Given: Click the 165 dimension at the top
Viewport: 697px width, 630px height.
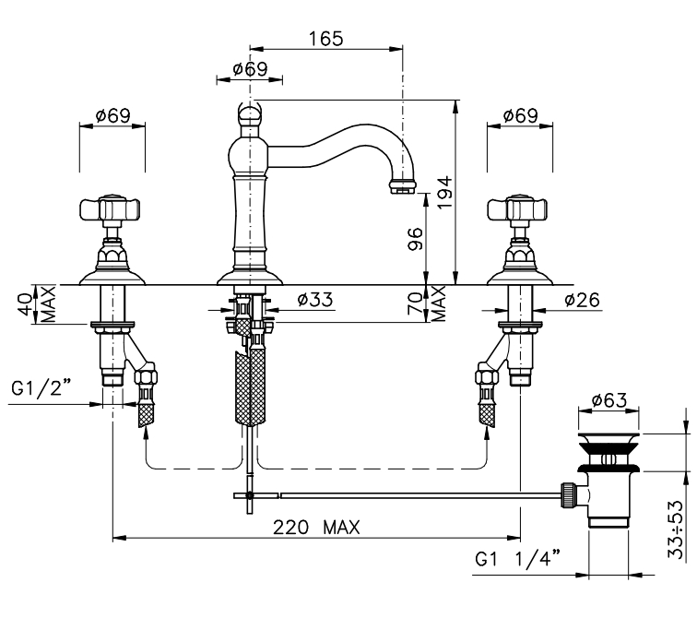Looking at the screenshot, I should (x=325, y=39).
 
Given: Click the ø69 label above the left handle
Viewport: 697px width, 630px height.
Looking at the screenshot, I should (x=112, y=117).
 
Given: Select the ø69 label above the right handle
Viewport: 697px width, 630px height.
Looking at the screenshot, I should (x=521, y=117).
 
